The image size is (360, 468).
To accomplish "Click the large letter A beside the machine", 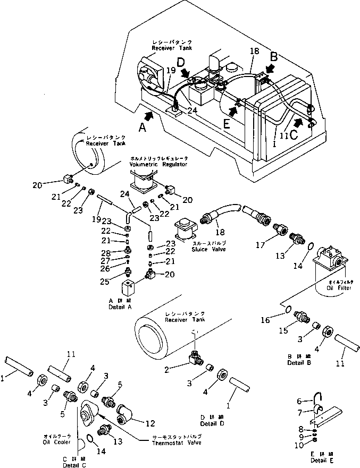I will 141,127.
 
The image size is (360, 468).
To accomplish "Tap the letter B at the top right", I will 274,56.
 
